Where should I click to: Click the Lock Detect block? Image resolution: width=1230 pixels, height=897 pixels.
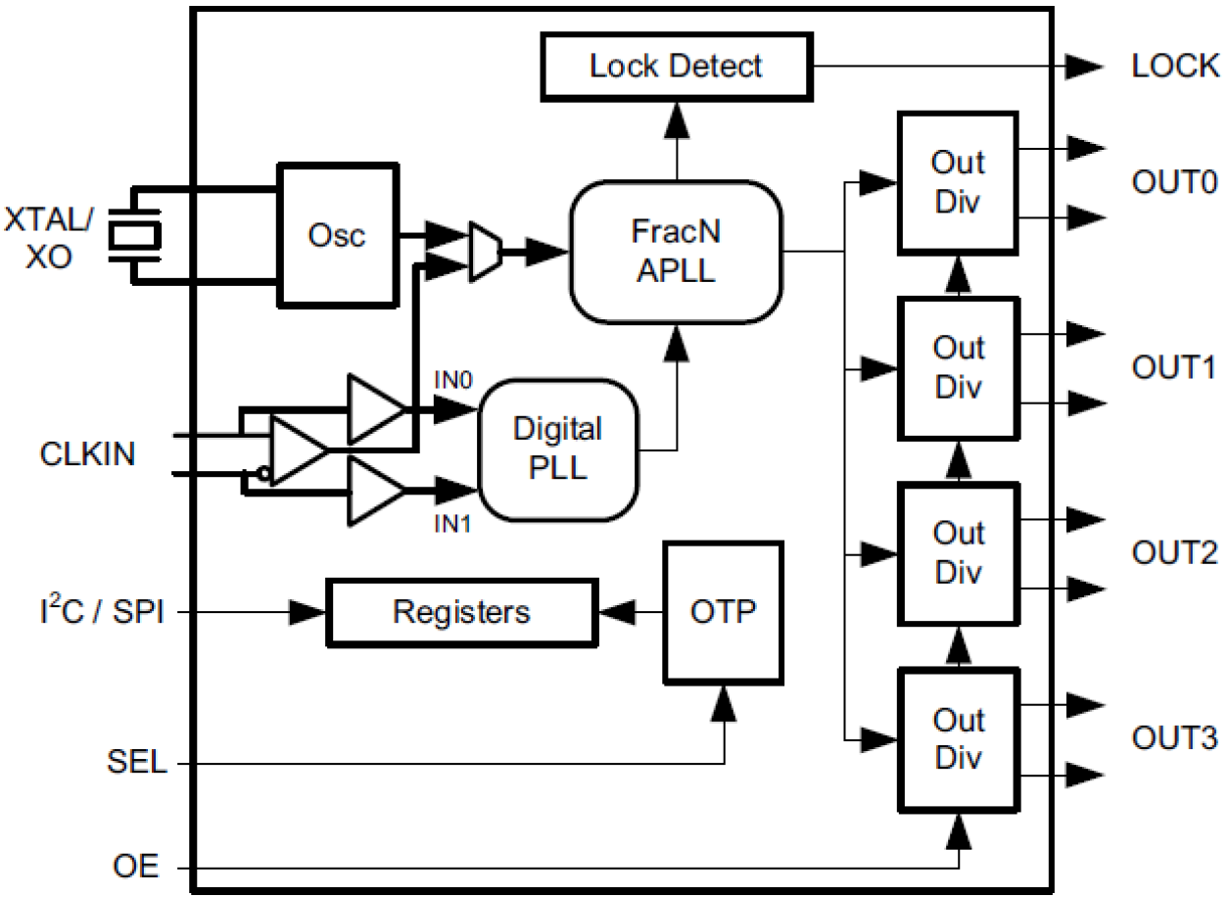(x=676, y=67)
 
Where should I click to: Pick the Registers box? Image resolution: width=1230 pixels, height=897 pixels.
(x=461, y=612)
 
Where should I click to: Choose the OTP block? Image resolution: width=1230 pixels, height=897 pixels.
(x=724, y=612)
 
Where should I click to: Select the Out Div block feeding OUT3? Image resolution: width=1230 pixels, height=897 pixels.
(x=958, y=738)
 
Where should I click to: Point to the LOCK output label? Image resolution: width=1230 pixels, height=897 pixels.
(x=1175, y=67)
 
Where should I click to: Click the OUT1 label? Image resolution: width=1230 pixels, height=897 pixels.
(x=1174, y=367)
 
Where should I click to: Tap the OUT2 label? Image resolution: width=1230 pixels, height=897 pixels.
(x=1174, y=552)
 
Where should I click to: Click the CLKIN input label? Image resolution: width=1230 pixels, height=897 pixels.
(x=88, y=454)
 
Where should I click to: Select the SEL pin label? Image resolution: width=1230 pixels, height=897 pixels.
(x=137, y=763)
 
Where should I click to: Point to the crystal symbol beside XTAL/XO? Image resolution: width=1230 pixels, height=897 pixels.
(x=134, y=235)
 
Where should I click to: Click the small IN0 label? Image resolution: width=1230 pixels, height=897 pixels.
(x=453, y=377)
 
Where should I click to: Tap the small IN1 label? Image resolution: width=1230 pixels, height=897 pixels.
(x=453, y=524)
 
